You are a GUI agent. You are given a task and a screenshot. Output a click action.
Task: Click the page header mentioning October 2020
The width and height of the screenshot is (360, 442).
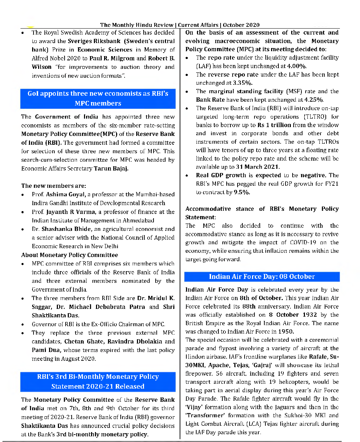coord(180,25)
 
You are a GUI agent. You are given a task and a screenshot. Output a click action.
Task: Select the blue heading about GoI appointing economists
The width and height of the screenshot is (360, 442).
coord(98,98)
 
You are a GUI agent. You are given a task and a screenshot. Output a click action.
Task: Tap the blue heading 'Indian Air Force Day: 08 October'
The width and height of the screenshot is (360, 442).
coord(262,276)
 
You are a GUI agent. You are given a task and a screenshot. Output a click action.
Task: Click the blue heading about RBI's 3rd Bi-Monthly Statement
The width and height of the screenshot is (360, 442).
coord(98,382)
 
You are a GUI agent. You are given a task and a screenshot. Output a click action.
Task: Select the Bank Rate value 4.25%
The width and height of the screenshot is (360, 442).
coord(314,100)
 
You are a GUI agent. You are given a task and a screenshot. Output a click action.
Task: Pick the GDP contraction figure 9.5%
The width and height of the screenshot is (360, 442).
coord(242,192)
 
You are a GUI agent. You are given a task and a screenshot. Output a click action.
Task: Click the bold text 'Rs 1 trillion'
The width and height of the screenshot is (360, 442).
coord(274,125)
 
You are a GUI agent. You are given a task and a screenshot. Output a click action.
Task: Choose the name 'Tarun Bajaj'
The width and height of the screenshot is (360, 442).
coord(111,168)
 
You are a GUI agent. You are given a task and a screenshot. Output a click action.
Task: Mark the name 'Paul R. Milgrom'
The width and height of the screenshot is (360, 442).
coord(112,58)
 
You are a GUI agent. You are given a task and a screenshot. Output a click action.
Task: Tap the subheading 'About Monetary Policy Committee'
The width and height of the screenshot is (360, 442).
coord(70,255)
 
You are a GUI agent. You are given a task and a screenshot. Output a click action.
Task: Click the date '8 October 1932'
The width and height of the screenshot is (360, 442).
coord(293,315)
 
